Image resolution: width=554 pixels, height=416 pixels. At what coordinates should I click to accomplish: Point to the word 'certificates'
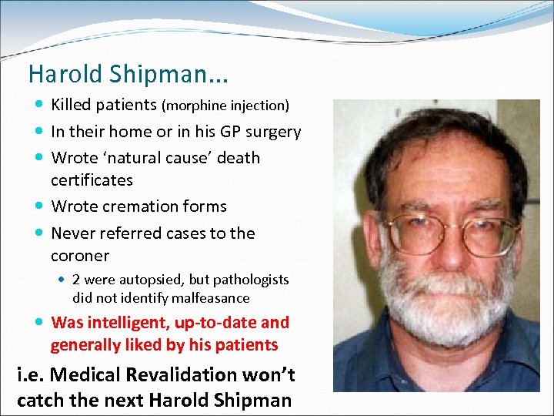(92, 180)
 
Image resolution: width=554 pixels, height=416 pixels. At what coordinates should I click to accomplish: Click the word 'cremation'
(141, 206)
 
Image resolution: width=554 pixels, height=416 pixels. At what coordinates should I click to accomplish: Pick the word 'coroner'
(80, 256)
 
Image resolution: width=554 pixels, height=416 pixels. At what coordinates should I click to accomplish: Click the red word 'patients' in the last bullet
(245, 345)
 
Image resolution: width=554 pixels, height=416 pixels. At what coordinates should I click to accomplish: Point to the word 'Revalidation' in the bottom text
(165, 375)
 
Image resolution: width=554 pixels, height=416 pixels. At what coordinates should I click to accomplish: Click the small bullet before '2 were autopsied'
(63, 280)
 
